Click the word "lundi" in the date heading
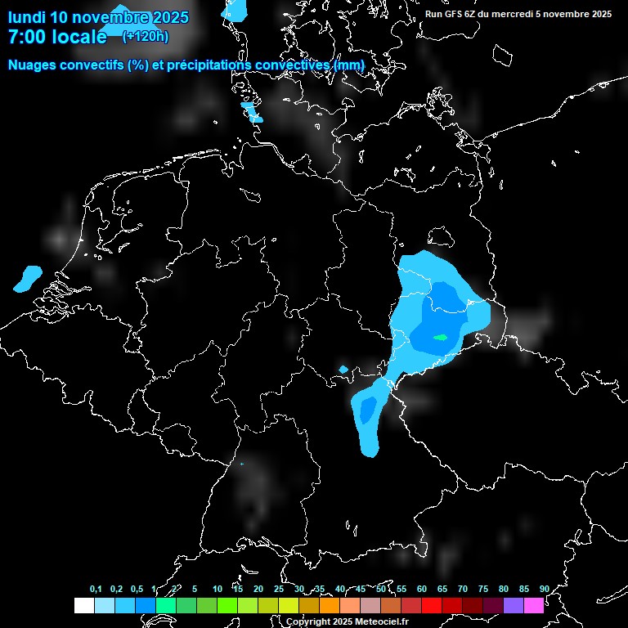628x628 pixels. point(26,17)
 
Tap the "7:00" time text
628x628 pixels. point(27,37)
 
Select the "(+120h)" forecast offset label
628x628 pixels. point(146,36)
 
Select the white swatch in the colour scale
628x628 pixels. point(83,605)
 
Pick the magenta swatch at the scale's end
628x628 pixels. point(533,605)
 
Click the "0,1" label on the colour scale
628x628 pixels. point(96,589)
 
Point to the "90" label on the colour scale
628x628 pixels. point(544,589)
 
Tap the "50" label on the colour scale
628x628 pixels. point(381,589)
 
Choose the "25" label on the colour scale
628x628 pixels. point(279,589)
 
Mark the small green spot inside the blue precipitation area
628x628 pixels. point(441,337)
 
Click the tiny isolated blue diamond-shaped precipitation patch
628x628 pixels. point(343,369)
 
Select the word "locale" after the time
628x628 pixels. point(80,37)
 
